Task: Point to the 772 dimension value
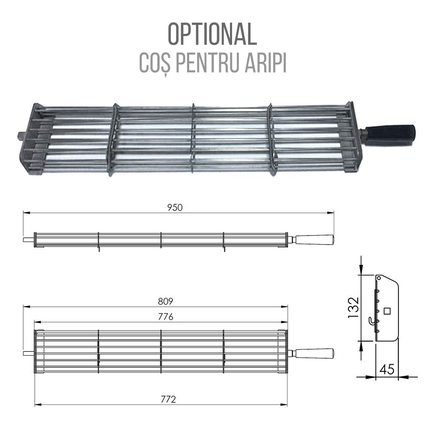[x=169, y=399]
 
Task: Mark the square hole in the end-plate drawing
[x=387, y=311]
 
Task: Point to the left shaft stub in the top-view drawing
[x=28, y=353]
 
